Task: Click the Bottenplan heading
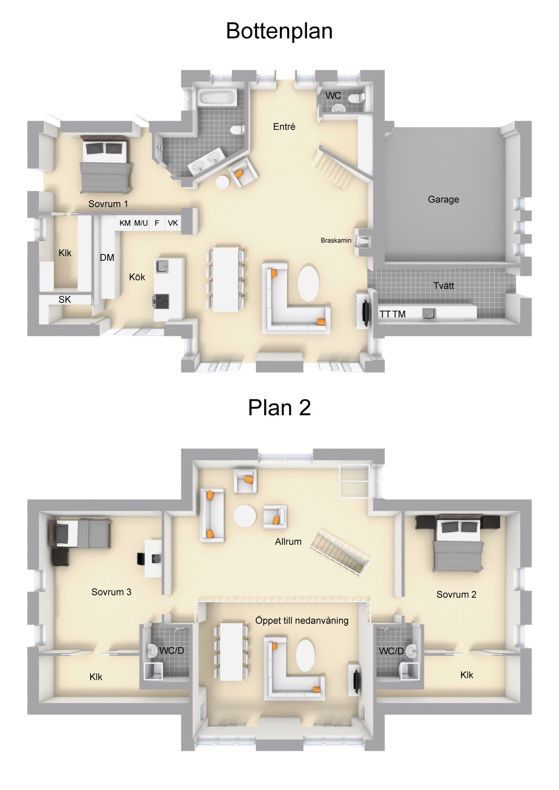click(279, 31)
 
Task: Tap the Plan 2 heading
click(279, 408)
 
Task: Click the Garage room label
click(443, 200)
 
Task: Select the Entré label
click(284, 127)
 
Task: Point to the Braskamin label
click(336, 241)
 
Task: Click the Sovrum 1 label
click(108, 204)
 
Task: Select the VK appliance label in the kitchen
click(173, 223)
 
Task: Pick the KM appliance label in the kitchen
click(125, 223)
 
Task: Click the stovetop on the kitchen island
click(162, 300)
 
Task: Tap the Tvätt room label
click(444, 286)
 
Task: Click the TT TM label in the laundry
click(392, 314)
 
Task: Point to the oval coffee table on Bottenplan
click(308, 283)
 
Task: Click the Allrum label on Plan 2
click(288, 541)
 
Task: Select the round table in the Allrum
click(245, 516)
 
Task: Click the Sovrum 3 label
click(111, 592)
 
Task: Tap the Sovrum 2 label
click(456, 595)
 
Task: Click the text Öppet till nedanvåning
click(302, 621)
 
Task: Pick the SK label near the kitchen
click(64, 300)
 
